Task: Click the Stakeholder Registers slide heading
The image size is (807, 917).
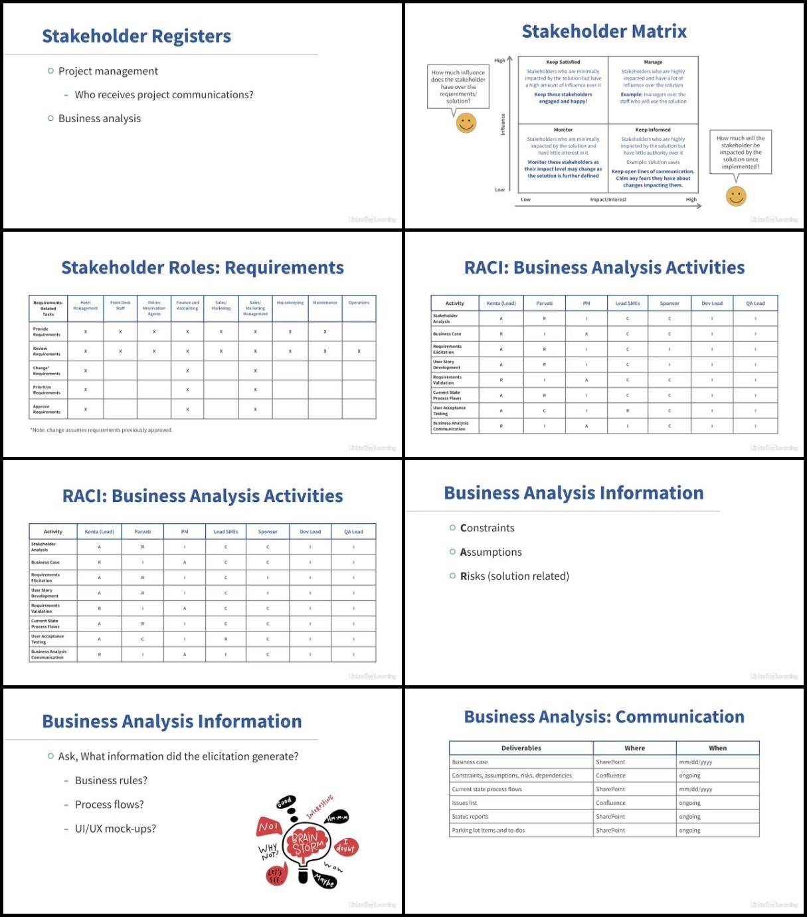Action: tap(136, 37)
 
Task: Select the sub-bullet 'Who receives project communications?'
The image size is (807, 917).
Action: tap(163, 95)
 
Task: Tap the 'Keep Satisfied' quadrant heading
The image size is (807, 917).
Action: tap(563, 62)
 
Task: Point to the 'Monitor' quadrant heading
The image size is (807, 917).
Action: tap(563, 130)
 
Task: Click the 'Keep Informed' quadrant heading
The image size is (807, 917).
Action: tap(653, 130)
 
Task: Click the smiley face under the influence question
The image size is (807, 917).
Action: tap(466, 123)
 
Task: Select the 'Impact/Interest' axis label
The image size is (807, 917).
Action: tap(608, 199)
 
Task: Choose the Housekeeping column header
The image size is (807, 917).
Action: tap(290, 303)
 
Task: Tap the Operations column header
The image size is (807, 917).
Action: tap(359, 303)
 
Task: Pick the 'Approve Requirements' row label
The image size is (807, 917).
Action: tap(46, 409)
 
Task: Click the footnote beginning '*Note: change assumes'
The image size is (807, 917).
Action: tap(101, 430)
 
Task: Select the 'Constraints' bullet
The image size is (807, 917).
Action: tap(487, 528)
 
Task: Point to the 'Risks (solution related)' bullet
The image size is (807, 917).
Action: tap(514, 576)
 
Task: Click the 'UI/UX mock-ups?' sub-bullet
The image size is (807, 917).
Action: tap(116, 829)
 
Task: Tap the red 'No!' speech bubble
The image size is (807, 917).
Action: tap(268, 827)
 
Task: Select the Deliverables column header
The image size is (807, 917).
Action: tap(521, 748)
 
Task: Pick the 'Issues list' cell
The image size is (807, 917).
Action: tap(464, 803)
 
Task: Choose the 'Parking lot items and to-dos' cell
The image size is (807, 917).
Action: tap(488, 831)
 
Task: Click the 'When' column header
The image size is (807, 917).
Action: tap(717, 748)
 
